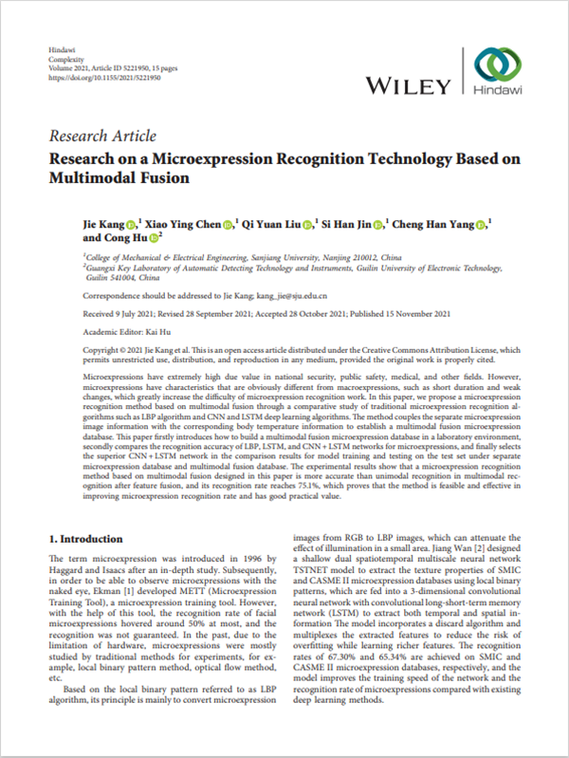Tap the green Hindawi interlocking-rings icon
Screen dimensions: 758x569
(x=498, y=66)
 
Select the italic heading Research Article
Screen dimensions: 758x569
(x=101, y=137)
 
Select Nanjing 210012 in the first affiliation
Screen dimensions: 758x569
(x=313, y=256)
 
